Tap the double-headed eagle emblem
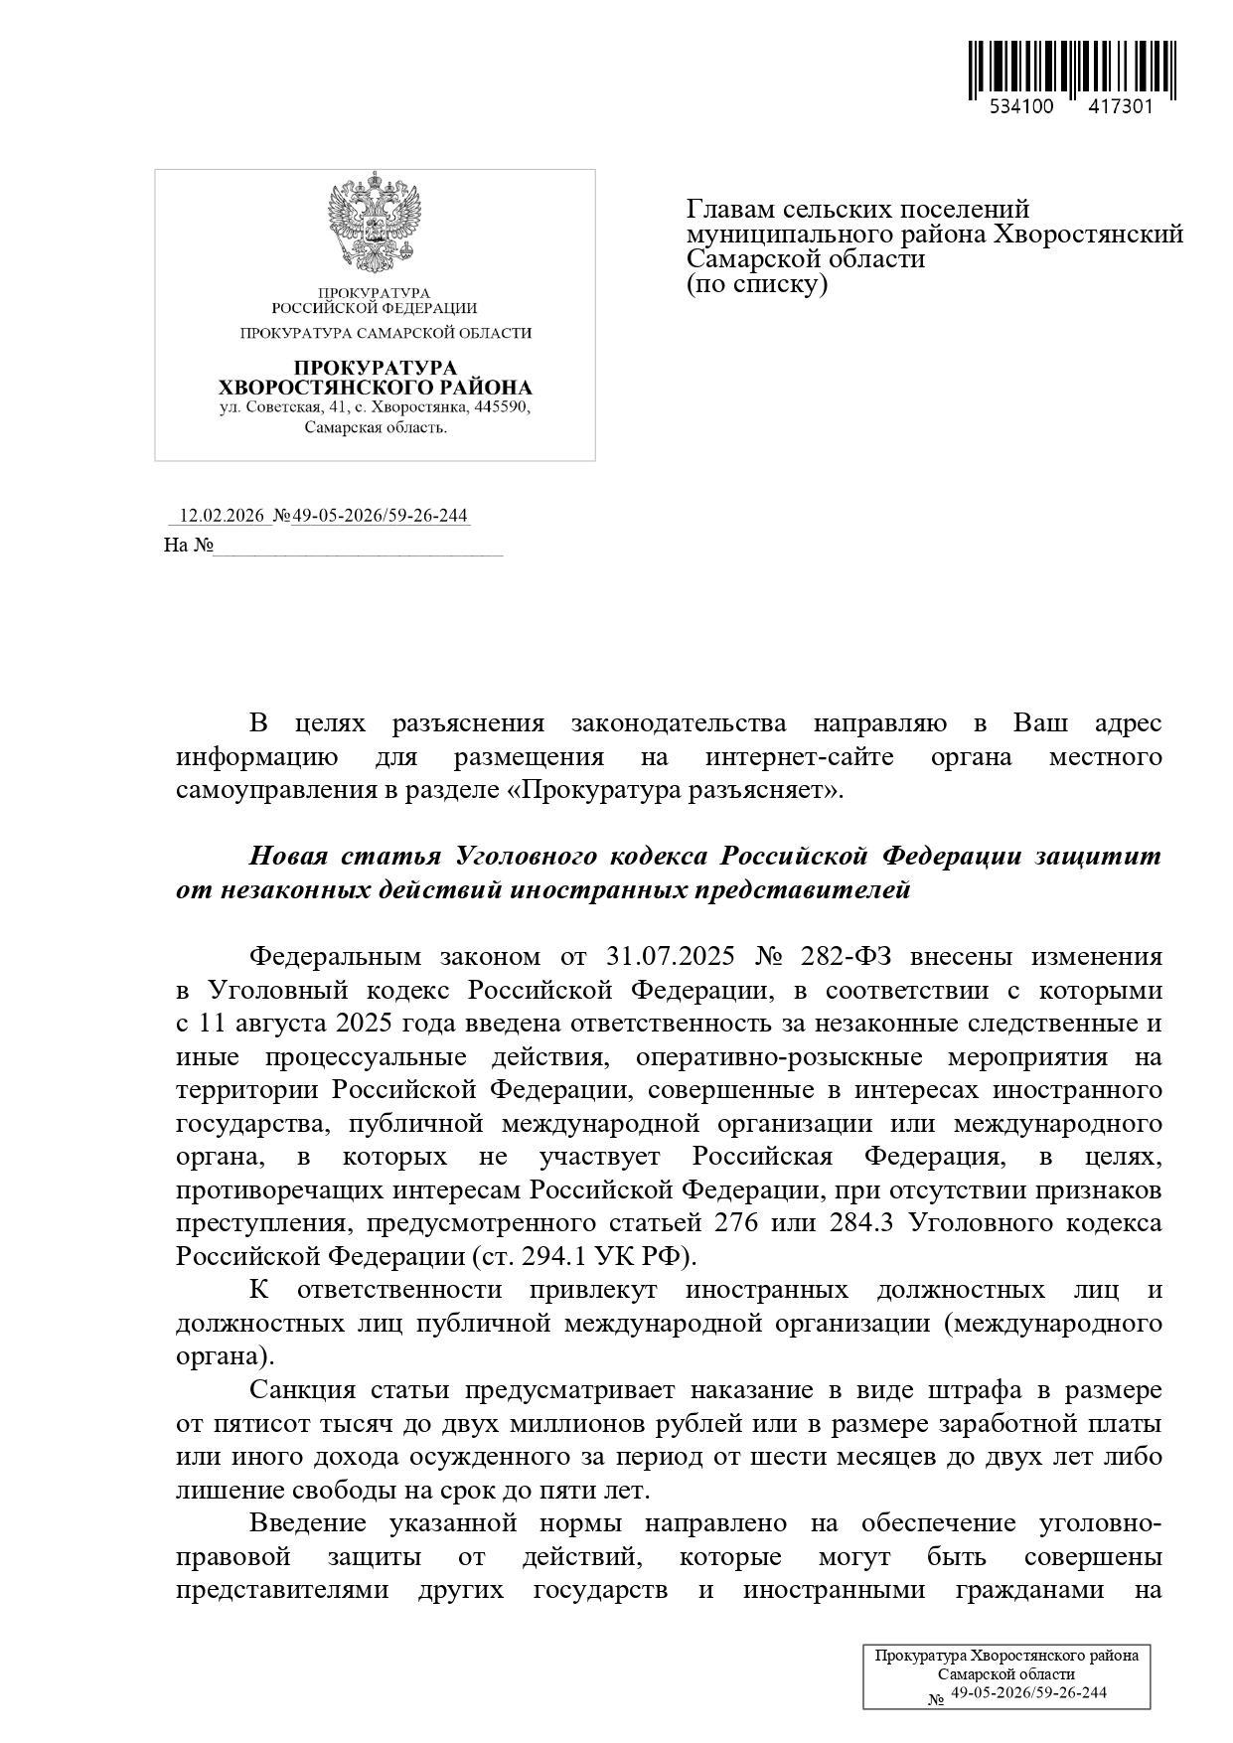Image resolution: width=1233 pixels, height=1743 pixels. coord(375,224)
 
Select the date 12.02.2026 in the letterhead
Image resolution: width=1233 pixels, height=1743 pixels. coord(221,516)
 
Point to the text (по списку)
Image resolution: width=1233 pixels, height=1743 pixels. coord(756,284)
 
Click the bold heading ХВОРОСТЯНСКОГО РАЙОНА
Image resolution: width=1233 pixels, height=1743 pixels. coord(375,388)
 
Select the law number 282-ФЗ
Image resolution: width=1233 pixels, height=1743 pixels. coord(845,956)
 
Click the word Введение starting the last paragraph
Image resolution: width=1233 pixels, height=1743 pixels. coord(308,1522)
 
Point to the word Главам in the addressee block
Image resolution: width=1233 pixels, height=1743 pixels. coord(730,210)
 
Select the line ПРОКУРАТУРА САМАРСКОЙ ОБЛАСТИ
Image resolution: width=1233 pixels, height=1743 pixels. coord(385,334)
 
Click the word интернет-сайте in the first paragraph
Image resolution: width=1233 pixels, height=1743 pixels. coord(799,757)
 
